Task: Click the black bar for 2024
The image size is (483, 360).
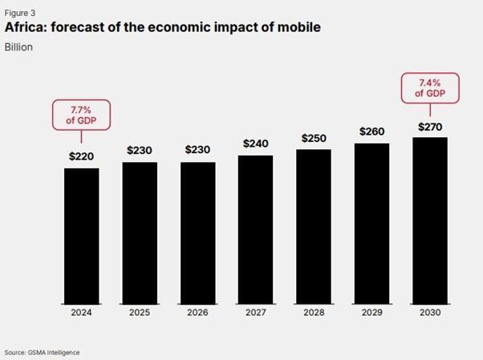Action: (82, 236)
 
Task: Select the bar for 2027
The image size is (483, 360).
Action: (255, 229)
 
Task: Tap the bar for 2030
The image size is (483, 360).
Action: (428, 220)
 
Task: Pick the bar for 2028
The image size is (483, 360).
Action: (313, 227)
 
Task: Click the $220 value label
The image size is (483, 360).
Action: (82, 156)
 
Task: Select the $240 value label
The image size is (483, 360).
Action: (255, 144)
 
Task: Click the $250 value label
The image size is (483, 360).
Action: (313, 138)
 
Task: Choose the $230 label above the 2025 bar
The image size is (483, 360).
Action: (140, 150)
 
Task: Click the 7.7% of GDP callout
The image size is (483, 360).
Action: (82, 114)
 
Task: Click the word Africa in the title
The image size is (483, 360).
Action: (26, 29)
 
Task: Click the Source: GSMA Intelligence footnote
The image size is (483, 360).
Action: (42, 352)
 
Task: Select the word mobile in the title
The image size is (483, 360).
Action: (296, 29)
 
